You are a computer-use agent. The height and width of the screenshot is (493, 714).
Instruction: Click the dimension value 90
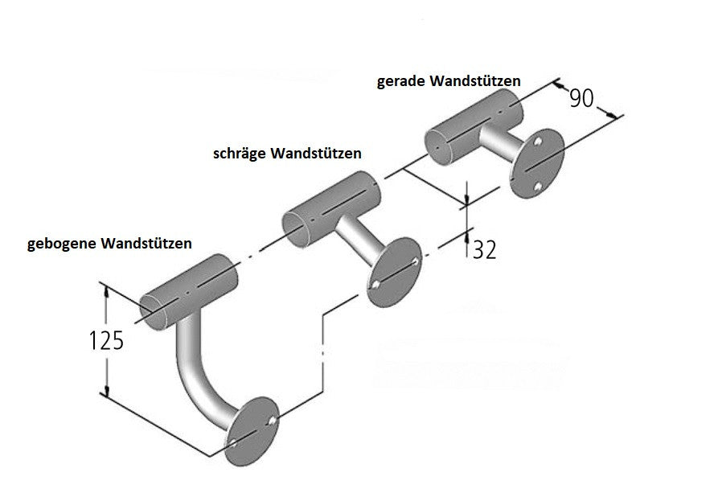click(x=581, y=98)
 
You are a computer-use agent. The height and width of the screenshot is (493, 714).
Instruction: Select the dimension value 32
click(x=482, y=249)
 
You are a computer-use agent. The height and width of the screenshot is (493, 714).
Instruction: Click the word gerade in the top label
click(x=401, y=82)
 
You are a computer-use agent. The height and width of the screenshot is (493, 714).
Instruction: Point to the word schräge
click(x=239, y=153)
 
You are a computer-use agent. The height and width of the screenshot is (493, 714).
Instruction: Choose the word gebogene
click(x=63, y=243)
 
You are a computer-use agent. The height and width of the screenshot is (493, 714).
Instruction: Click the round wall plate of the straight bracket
click(x=536, y=164)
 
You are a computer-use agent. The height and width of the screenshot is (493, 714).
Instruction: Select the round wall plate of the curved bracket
click(x=252, y=430)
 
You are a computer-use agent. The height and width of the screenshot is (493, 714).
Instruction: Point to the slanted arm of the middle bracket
click(x=355, y=238)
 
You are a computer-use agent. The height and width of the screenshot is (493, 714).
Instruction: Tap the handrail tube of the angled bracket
click(x=329, y=207)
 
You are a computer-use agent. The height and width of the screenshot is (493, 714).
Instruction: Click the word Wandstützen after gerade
click(x=475, y=82)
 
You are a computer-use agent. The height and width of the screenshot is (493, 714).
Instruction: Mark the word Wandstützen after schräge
click(x=316, y=153)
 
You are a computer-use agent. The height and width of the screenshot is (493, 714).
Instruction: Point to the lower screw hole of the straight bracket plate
click(x=536, y=188)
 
